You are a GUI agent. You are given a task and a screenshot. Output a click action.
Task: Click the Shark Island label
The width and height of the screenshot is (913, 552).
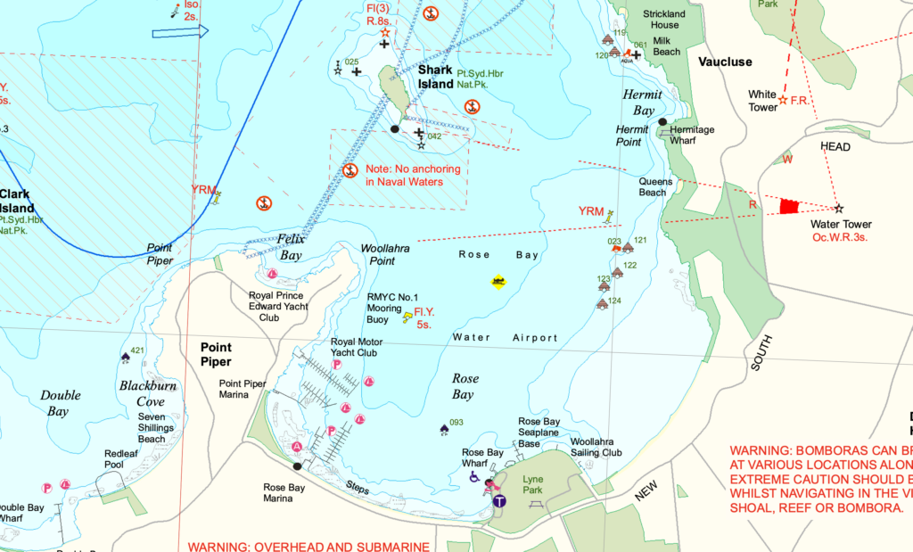tap(436, 78)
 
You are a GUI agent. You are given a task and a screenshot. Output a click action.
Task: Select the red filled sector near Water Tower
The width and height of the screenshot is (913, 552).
tap(787, 206)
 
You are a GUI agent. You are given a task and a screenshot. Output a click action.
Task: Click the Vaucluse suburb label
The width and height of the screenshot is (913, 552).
tap(725, 62)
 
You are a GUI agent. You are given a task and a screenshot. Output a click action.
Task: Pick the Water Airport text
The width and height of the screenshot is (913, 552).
tap(505, 338)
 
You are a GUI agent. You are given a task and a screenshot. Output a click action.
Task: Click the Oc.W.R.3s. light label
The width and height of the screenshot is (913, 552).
tap(841, 237)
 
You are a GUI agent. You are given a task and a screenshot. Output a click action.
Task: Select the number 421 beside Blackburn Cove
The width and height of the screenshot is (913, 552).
tap(136, 350)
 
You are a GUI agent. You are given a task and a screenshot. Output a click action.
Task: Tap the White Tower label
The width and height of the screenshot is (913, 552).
tap(762, 101)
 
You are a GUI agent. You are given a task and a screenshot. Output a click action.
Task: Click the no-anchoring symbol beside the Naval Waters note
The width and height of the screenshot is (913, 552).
tap(350, 170)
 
